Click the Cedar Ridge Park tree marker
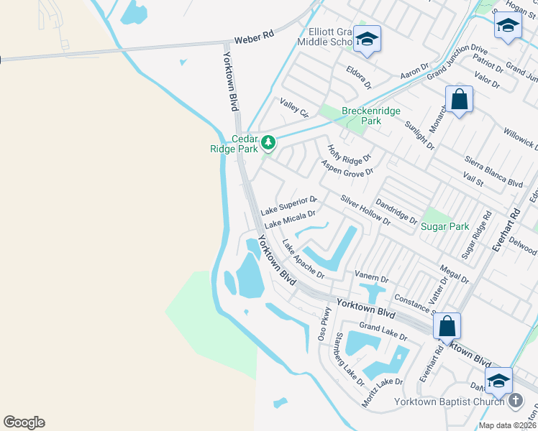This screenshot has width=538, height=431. [x=268, y=143]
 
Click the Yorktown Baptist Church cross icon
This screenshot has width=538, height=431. [x=515, y=402]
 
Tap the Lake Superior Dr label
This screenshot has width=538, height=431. [x=289, y=205]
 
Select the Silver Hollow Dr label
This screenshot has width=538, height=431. [x=365, y=210]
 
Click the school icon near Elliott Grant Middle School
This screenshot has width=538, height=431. [x=367, y=40]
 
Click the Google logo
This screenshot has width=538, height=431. [x=24, y=422]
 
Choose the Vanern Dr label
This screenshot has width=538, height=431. [x=372, y=277]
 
